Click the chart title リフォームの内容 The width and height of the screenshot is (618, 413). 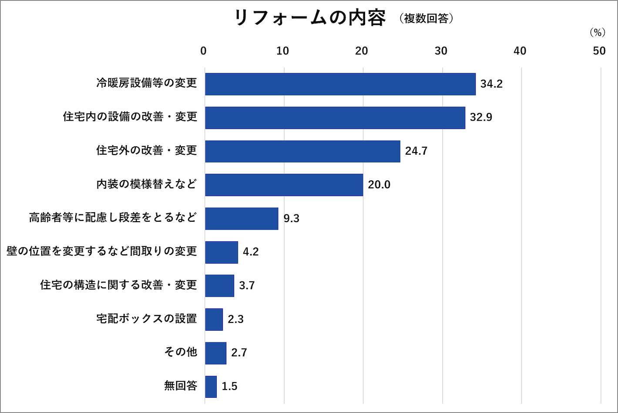[310, 18]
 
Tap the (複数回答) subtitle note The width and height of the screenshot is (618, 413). [426, 19]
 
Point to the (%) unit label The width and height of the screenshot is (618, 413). [598, 33]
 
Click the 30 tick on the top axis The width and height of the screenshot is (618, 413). [441, 51]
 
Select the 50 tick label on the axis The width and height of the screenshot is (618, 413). [599, 51]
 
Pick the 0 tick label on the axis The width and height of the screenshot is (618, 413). [203, 51]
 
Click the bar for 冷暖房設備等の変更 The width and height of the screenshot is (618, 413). [340, 84]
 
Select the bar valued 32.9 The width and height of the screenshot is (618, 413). [335, 118]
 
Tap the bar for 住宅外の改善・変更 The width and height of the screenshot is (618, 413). [302, 151]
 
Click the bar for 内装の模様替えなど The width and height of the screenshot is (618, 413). [284, 185]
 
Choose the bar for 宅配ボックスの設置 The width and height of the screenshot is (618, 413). [214, 319]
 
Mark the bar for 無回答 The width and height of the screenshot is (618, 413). [211, 386]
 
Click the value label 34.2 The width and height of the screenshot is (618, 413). [491, 84]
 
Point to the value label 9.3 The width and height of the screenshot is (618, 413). [291, 218]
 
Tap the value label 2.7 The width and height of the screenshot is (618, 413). [239, 353]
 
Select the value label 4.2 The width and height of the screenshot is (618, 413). [251, 252]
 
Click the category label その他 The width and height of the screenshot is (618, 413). [181, 352]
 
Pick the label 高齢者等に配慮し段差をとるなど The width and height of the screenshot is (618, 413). [113, 217]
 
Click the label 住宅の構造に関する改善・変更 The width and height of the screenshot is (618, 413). [118, 285]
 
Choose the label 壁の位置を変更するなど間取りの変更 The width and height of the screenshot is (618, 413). [102, 251]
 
